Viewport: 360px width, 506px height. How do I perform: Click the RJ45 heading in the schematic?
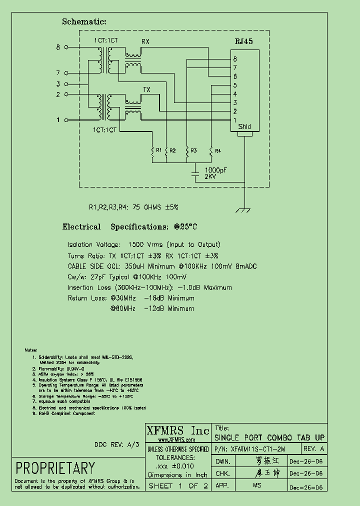click(244, 42)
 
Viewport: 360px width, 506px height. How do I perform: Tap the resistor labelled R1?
click(152, 150)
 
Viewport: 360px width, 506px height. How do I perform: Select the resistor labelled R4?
click(211, 150)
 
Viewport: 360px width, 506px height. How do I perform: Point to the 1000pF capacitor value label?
click(215, 170)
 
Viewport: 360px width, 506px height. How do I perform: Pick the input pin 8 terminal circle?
click(65, 47)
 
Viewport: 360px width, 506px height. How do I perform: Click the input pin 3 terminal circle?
click(65, 84)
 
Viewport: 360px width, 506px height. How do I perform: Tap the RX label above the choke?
click(145, 41)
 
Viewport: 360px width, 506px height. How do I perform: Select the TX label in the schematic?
click(146, 89)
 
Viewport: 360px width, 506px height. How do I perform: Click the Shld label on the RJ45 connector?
click(244, 126)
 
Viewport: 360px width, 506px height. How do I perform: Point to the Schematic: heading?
click(84, 21)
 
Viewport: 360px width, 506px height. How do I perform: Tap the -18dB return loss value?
click(154, 298)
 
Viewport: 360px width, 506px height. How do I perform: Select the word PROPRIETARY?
click(55, 468)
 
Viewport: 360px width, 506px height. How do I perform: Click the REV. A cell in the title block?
click(314, 449)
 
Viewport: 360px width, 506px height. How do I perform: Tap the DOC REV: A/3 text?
click(117, 444)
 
